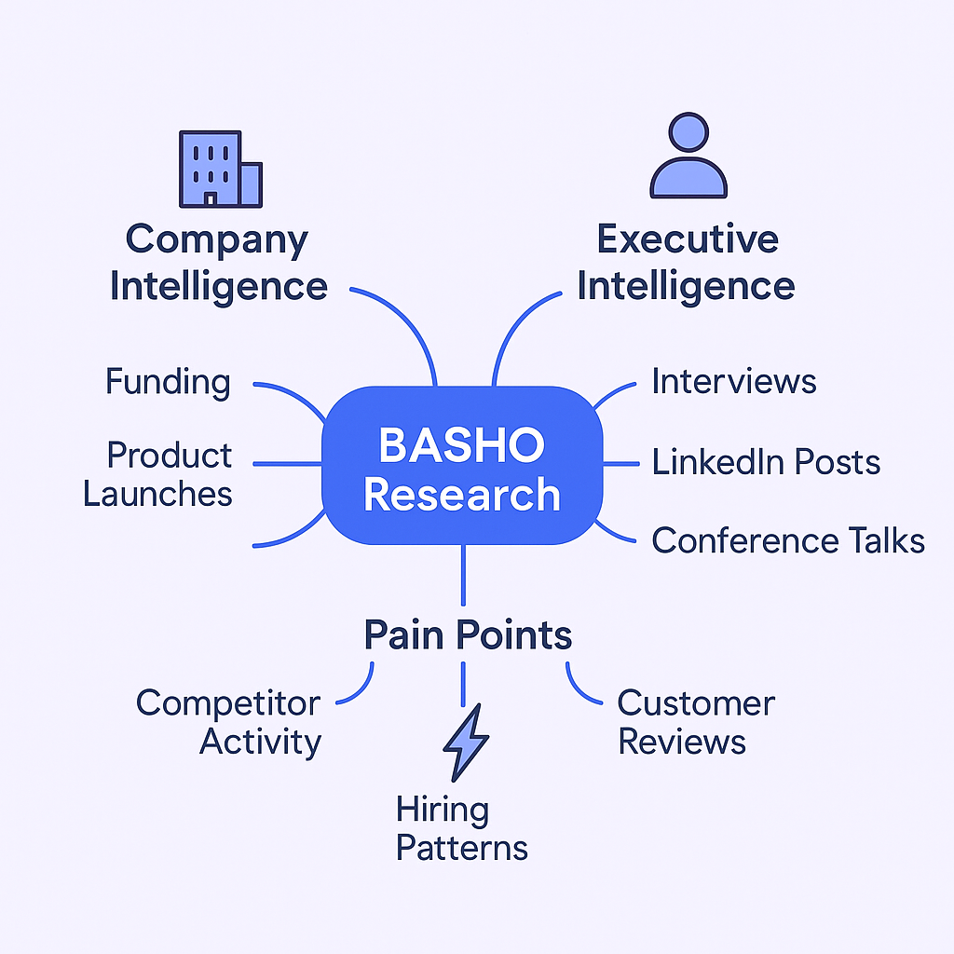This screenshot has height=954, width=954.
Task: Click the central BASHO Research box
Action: [462, 466]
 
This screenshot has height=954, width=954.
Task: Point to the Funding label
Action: [168, 382]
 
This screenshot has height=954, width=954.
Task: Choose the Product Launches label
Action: [158, 474]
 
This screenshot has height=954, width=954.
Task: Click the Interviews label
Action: [733, 381]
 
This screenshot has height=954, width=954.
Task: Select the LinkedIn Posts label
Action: [766, 462]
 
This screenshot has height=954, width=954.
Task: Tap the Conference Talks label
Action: [787, 540]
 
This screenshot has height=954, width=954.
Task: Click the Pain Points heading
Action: [468, 635]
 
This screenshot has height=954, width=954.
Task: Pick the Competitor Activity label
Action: [229, 722]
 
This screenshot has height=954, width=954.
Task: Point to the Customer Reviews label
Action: [695, 722]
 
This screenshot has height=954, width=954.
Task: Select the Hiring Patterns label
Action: [461, 828]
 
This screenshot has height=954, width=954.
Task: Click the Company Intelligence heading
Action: [218, 263]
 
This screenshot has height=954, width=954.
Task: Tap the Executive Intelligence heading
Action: [687, 263]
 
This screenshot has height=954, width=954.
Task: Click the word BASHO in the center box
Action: [462, 446]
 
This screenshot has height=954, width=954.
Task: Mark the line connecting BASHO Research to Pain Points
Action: [463, 578]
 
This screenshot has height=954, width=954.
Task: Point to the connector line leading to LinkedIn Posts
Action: [620, 463]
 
